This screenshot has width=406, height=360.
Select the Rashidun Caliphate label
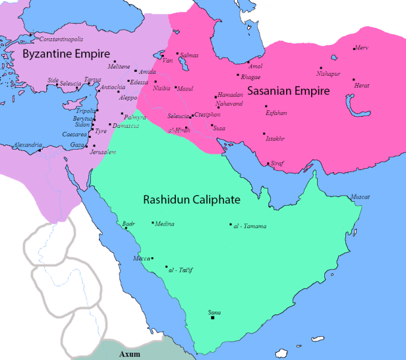pyautogui.click(x=191, y=198)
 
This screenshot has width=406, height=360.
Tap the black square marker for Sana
pyautogui.click(x=213, y=318)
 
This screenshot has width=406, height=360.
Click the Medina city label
pyautogui.click(x=165, y=224)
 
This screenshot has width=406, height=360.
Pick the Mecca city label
pyautogui.click(x=141, y=258)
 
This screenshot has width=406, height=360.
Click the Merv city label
pyautogui.click(x=362, y=47)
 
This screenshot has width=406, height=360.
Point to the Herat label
pyautogui.click(x=362, y=86)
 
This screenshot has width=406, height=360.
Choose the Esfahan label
pyautogui.click(x=276, y=113)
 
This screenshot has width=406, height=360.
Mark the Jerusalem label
pyautogui.click(x=103, y=152)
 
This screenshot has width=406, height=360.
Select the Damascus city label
pyautogui.click(x=126, y=125)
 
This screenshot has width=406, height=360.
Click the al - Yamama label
pyautogui.click(x=250, y=226)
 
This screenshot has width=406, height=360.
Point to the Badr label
pyautogui.click(x=129, y=224)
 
